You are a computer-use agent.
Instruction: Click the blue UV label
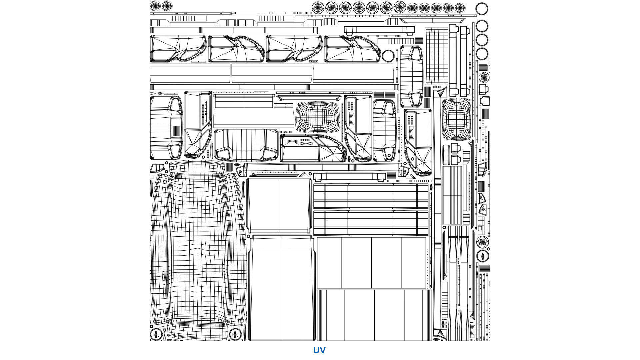(319, 350)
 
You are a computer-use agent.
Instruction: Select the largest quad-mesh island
(198, 250)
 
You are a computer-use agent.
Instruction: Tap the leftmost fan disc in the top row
(155, 6)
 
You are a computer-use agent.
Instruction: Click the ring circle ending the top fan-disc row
(482, 8)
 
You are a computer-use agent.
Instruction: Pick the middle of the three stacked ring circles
(482, 40)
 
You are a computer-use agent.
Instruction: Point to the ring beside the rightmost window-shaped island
(388, 56)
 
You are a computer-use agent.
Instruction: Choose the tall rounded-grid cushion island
(456, 119)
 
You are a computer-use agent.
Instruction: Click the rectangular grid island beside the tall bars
(437, 56)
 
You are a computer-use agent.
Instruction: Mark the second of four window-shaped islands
(236, 49)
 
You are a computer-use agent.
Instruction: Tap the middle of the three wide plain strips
(272, 73)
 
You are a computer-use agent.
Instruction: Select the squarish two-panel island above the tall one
(279, 206)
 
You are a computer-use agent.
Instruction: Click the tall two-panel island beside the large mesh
(282, 287)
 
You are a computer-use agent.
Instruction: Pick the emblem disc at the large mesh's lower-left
(155, 334)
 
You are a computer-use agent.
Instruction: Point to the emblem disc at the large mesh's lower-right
(235, 334)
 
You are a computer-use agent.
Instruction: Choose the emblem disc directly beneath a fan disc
(482, 256)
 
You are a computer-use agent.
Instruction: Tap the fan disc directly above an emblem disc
(482, 242)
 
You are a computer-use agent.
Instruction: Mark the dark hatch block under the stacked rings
(483, 68)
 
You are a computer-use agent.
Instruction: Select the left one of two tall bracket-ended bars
(453, 60)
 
